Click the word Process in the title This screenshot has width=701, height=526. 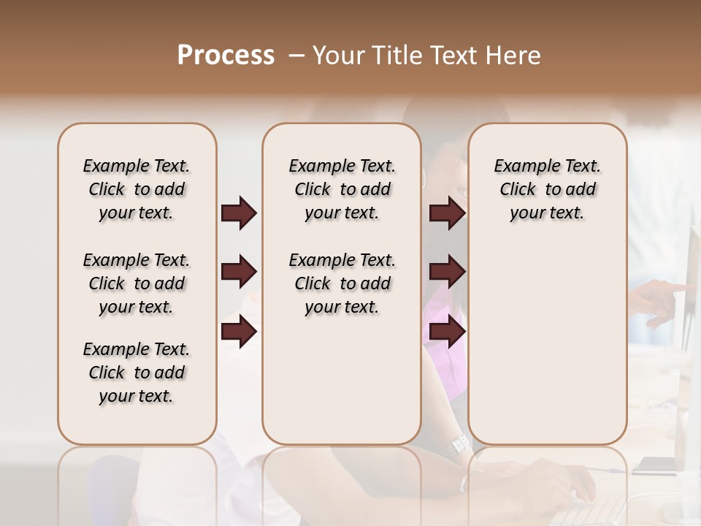pyautogui.click(x=226, y=56)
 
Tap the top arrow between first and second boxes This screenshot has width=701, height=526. pyautogui.click(x=239, y=213)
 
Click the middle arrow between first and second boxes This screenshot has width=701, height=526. pyautogui.click(x=239, y=272)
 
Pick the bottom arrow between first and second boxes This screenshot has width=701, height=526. pyautogui.click(x=239, y=332)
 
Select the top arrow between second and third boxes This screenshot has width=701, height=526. pyautogui.click(x=447, y=213)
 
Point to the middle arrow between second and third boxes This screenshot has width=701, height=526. pyautogui.click(x=447, y=272)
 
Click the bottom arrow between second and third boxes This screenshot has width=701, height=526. pyautogui.click(x=447, y=332)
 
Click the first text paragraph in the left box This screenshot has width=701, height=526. pyautogui.click(x=137, y=189)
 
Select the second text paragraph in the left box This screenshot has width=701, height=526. pyautogui.click(x=137, y=283)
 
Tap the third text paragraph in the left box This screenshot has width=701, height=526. pyautogui.click(x=137, y=373)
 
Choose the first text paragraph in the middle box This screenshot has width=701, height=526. pyautogui.click(x=342, y=189)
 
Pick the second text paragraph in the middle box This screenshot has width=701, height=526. pyautogui.click(x=342, y=283)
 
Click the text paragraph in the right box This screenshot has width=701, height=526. pyautogui.click(x=547, y=189)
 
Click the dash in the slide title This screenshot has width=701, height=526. pyautogui.click(x=296, y=56)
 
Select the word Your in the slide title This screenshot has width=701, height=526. pyautogui.click(x=339, y=56)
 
